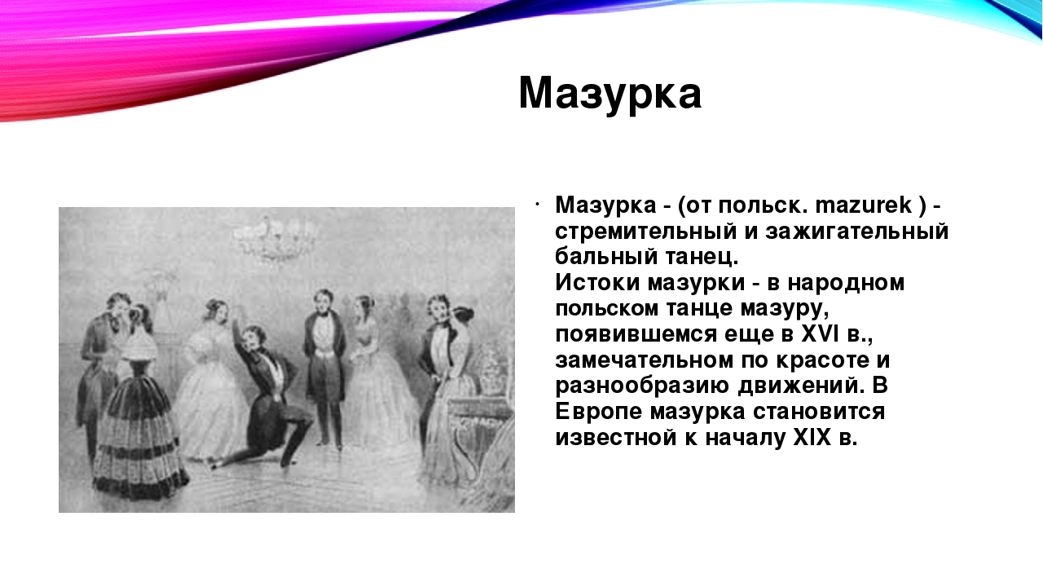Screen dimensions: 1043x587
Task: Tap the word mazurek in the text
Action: coord(863,205)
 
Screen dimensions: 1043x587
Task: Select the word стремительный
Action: coord(645,232)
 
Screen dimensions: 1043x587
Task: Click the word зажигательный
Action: coord(856,232)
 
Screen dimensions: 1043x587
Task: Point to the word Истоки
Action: coord(597,283)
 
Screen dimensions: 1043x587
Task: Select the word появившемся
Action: coord(636,334)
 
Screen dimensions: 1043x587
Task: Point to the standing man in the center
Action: coord(324,367)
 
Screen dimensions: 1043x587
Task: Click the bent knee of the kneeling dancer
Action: coord(305,421)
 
